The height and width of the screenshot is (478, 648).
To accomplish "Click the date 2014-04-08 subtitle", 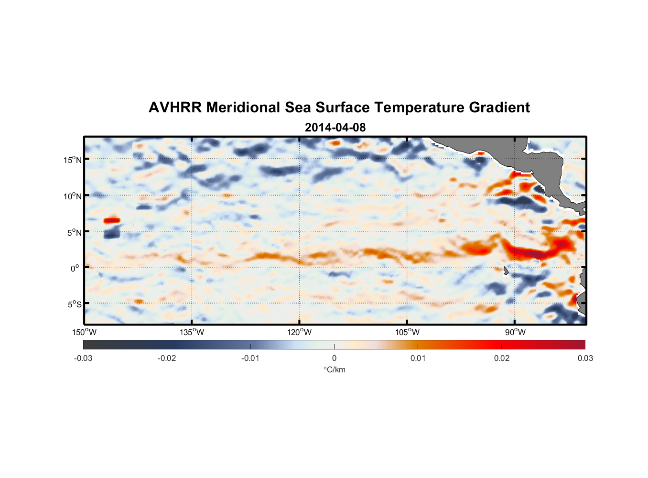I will (335, 128).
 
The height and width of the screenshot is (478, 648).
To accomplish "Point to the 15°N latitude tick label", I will (73, 160).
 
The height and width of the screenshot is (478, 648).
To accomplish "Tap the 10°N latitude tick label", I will (73, 196).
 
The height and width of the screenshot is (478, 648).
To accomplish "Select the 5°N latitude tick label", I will (74, 232).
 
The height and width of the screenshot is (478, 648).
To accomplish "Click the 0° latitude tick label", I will (75, 269).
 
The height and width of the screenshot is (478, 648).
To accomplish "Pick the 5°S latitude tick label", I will (74, 304).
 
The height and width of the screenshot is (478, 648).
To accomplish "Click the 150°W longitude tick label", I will (84, 332).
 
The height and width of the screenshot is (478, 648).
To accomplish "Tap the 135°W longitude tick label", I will (192, 332).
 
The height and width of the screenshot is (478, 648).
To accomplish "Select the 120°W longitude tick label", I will (299, 332).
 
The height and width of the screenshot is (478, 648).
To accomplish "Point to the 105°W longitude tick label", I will (407, 332).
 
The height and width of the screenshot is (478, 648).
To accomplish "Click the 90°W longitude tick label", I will (515, 332).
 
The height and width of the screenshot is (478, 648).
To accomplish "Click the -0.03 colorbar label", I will (83, 358).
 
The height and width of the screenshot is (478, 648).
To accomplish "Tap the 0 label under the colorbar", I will (334, 358).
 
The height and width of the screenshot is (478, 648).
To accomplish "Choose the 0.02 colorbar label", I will (501, 358).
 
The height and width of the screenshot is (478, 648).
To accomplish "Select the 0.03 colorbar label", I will (585, 358).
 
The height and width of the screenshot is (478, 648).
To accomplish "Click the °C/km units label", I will (334, 369).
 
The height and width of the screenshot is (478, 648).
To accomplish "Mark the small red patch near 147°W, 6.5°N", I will (112, 220).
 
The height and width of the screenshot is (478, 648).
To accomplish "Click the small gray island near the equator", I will (506, 271).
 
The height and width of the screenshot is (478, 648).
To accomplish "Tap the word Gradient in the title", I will (499, 108).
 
